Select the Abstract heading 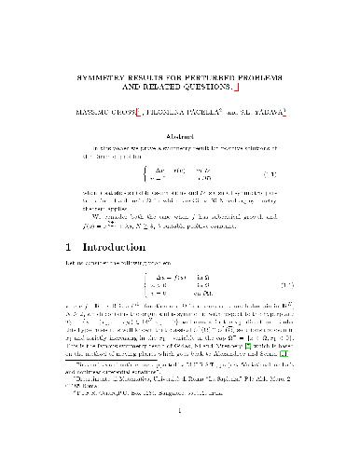point(179,139)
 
